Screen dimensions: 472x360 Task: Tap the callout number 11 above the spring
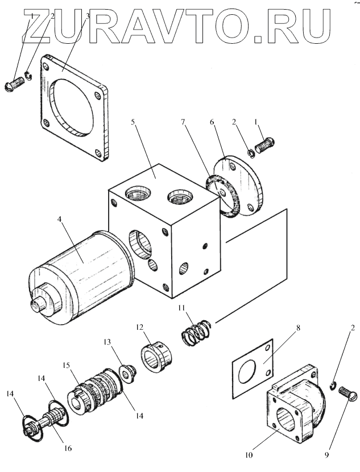[x=181, y=308]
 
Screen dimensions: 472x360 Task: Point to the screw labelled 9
[x=346, y=393]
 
